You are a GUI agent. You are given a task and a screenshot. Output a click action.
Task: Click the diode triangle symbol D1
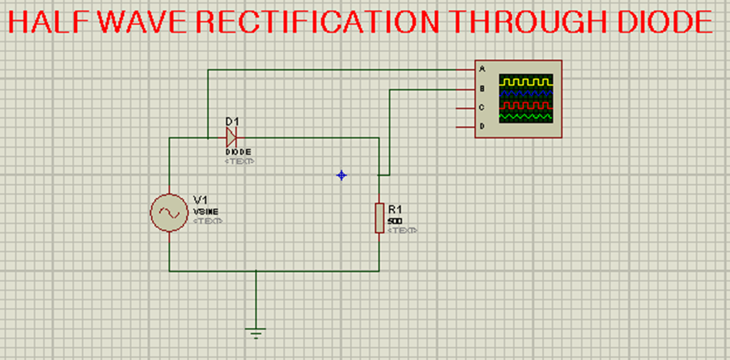coord(231,138)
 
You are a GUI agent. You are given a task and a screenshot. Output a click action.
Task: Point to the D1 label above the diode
coord(232,122)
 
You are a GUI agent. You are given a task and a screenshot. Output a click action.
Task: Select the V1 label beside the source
coord(200,200)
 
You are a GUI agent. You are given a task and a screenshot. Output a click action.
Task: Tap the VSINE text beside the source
coord(206,212)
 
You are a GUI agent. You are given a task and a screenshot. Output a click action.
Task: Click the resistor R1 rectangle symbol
coord(379,217)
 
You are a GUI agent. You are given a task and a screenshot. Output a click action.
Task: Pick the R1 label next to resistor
coord(395,209)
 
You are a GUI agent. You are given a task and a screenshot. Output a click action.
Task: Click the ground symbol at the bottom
coord(256,331)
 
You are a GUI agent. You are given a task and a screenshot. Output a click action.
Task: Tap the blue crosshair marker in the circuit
coord(341,175)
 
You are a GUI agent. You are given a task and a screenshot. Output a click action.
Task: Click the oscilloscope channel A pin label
coord(482,69)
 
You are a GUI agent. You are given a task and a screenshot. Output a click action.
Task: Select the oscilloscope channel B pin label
coord(482,88)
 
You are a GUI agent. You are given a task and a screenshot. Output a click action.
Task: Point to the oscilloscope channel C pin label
coord(482,108)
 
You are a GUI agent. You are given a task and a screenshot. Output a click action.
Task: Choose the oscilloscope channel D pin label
coord(482,126)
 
